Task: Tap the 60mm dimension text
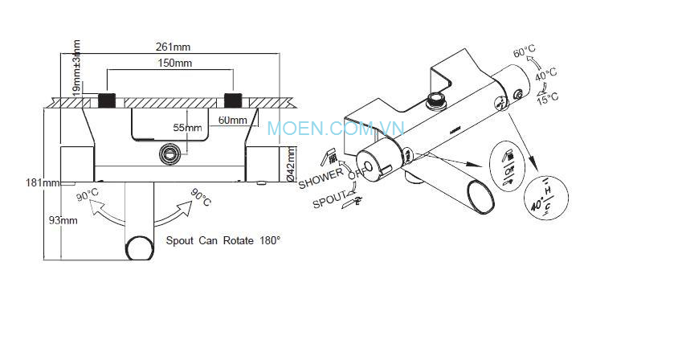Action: click(x=232, y=121)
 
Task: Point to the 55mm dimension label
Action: click(x=188, y=127)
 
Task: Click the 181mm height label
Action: click(x=43, y=182)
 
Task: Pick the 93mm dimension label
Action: click(x=63, y=219)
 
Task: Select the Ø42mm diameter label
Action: click(x=291, y=166)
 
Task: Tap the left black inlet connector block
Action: click(x=107, y=100)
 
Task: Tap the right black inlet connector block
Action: click(x=234, y=100)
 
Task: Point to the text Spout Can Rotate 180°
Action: click(x=223, y=240)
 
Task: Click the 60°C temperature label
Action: click(x=525, y=52)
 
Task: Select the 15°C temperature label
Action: click(x=548, y=98)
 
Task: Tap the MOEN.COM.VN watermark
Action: click(x=336, y=128)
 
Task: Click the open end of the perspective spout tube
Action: click(x=480, y=196)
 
